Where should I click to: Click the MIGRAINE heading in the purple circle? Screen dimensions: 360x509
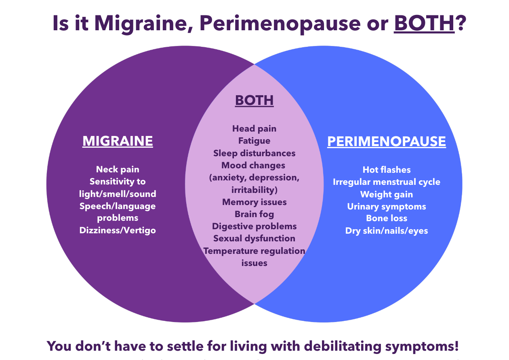(x=118, y=141)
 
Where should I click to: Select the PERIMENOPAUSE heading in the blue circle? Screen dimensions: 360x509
(x=387, y=142)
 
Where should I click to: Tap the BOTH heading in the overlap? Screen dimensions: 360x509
(x=254, y=100)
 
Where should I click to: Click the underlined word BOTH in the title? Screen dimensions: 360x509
(x=424, y=24)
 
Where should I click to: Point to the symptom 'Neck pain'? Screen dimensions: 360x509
(x=118, y=170)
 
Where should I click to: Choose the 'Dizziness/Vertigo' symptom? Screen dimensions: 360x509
(x=118, y=230)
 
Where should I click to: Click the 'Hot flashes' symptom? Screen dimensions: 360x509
(x=387, y=170)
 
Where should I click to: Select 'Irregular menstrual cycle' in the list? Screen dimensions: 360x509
(x=387, y=182)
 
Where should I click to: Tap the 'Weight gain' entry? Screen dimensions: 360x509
(x=387, y=194)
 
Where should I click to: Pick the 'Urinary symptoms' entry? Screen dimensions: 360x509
(x=387, y=207)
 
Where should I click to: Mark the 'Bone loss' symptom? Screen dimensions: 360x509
(x=387, y=218)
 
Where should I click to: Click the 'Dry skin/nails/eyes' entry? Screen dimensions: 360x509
(x=387, y=231)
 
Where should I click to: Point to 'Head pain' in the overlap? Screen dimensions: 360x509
(x=254, y=129)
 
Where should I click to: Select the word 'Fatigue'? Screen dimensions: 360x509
(x=254, y=141)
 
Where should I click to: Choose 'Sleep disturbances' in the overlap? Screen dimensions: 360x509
(x=254, y=153)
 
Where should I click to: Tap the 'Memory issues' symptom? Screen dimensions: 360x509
(x=254, y=202)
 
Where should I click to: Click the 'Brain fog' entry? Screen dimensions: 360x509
(x=254, y=214)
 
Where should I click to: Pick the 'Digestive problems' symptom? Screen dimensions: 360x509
(x=254, y=226)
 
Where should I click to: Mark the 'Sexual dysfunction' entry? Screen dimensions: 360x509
(x=254, y=238)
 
